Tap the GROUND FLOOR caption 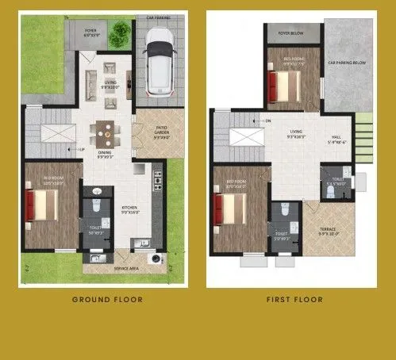tap(107, 300)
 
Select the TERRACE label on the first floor tap(328, 232)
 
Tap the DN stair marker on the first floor tap(268, 121)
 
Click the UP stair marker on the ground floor tap(82, 148)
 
